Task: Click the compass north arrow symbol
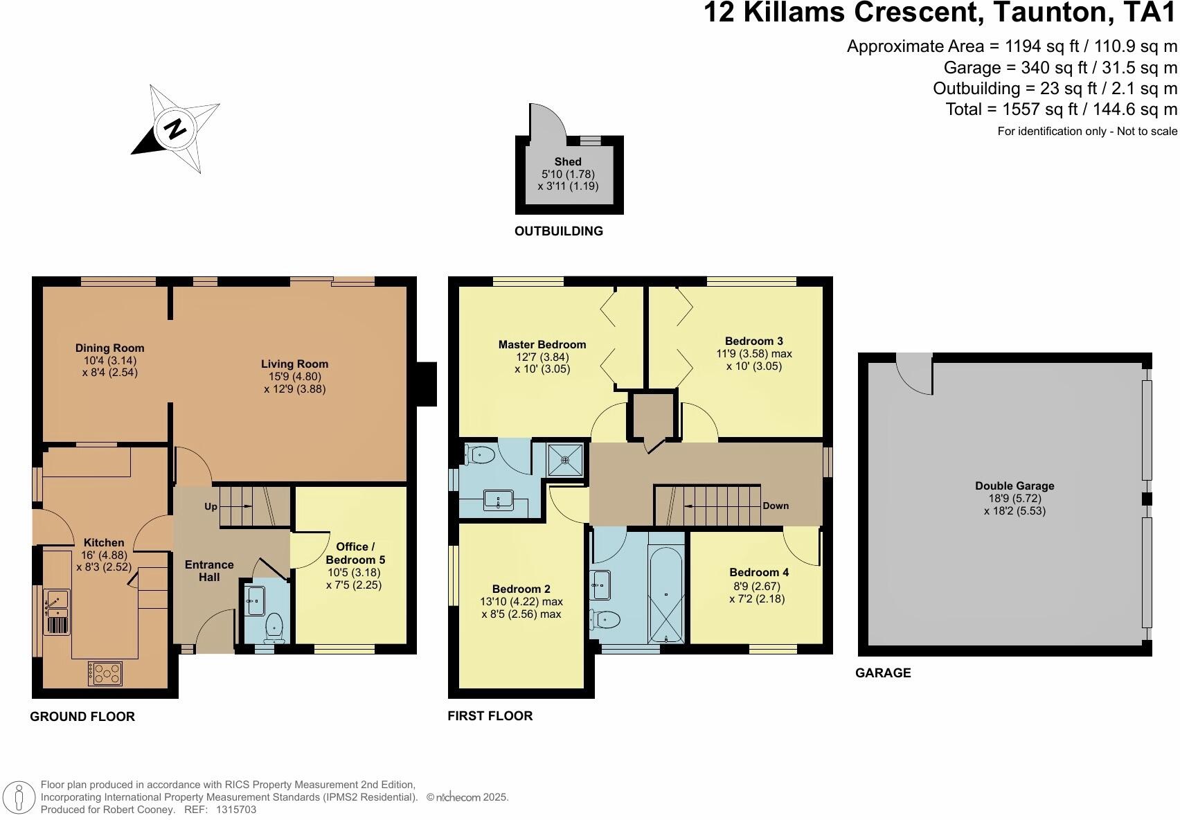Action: point(176,129)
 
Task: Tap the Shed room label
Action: point(568,161)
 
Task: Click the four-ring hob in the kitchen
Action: point(105,672)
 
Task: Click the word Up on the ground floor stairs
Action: point(211,506)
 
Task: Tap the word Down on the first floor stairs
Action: point(776,506)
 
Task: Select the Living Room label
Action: point(294,364)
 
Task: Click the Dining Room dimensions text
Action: point(109,366)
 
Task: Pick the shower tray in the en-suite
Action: point(566,459)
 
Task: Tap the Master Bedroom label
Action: point(542,344)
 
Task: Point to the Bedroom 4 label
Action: point(759,572)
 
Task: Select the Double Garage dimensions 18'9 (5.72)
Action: point(1014,499)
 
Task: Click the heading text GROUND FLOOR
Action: point(82,717)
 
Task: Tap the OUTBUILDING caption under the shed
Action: point(559,231)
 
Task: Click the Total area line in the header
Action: point(1061,109)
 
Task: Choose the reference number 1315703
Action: point(236,809)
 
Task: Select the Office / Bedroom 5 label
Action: point(355,553)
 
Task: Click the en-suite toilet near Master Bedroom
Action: point(481,455)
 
